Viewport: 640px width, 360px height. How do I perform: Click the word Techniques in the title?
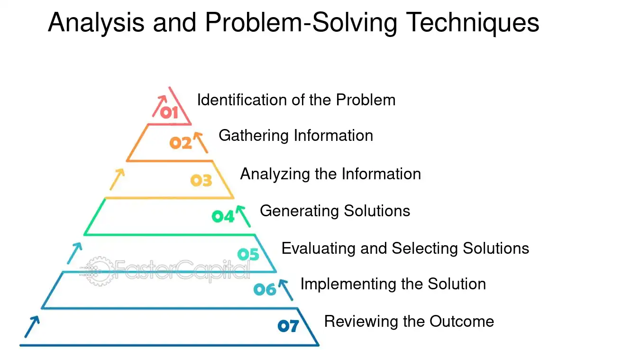point(472,23)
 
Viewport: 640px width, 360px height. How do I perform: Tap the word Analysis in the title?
point(96,23)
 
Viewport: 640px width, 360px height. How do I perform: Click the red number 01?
point(169,113)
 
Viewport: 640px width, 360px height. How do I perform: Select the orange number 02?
point(180,143)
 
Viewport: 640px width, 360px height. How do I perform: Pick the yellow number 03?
point(201,180)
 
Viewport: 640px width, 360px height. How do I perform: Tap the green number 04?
point(223,216)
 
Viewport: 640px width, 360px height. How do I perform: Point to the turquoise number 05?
point(248,254)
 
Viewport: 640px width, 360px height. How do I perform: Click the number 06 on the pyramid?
point(265,289)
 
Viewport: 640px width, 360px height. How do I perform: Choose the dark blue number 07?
point(288,326)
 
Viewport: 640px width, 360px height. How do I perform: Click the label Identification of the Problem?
point(296,100)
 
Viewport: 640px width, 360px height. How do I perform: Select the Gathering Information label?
point(296,136)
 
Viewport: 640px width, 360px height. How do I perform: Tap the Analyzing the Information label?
point(330,174)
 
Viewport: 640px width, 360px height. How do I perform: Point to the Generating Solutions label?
point(335,211)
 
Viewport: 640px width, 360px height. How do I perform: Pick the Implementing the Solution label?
point(393,284)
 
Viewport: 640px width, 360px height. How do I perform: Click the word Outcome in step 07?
point(462,322)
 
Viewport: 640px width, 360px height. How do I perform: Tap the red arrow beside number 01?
point(159,106)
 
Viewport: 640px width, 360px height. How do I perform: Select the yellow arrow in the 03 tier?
point(117,179)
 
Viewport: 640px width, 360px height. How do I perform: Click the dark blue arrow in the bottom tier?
point(32,327)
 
